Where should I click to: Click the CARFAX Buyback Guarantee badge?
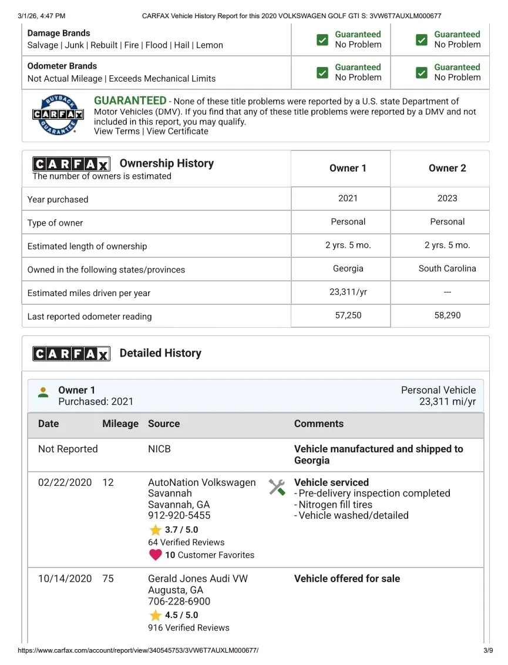[x=58, y=115]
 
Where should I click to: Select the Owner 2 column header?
[x=447, y=169]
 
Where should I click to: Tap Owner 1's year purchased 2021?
[x=348, y=199]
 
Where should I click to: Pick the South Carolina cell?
[x=447, y=268]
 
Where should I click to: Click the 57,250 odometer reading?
[x=348, y=315]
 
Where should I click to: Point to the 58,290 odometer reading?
[x=447, y=315]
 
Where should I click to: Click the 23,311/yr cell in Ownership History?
[x=348, y=292]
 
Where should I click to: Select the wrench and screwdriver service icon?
[x=277, y=487]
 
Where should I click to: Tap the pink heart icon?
[x=155, y=555]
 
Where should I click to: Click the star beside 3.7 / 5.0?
[x=155, y=530]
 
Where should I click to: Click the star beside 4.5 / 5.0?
[x=155, y=615]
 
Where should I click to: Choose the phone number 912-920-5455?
[x=179, y=515]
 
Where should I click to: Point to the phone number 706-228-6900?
[x=179, y=602]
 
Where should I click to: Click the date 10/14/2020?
[x=65, y=579]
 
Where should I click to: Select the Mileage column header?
[x=120, y=424]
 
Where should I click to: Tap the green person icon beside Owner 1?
[x=43, y=392]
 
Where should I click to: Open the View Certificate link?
[x=177, y=131]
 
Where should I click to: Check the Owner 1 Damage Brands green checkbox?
[x=322, y=39]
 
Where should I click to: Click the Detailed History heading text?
[x=160, y=353]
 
